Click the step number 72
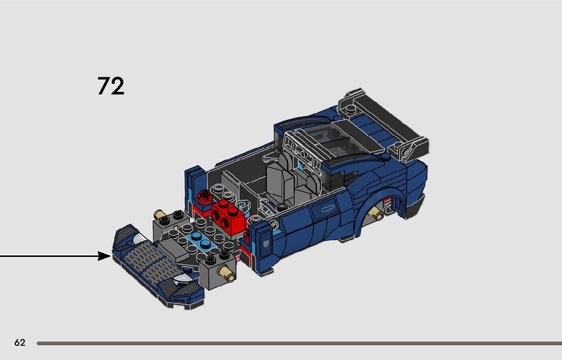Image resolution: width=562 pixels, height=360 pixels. coord(111,86)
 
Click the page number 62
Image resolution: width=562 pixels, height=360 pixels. coord(20,342)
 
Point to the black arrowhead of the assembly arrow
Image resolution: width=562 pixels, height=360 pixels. coord(104,256)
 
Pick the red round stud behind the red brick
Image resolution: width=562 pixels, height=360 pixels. coord(204,195)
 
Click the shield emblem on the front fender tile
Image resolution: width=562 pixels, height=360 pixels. coord(266,243)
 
